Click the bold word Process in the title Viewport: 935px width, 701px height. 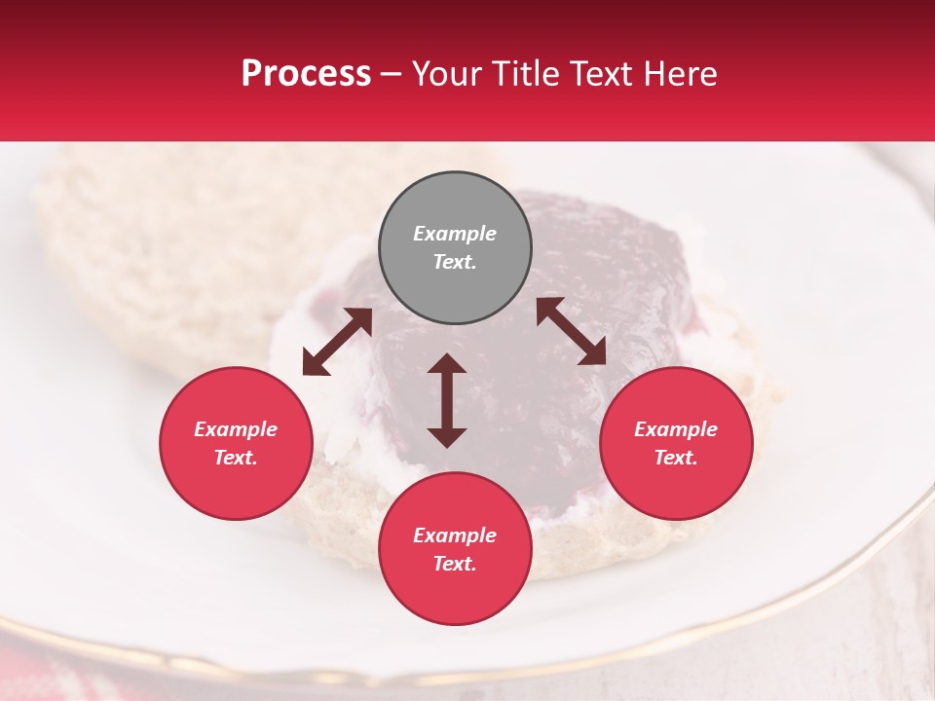coord(306,74)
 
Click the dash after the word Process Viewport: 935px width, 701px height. coord(392,75)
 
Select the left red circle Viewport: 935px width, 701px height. coord(236,443)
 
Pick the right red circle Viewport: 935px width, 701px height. coord(676,443)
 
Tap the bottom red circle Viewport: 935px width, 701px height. coord(455,549)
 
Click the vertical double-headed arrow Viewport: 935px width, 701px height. coord(447,400)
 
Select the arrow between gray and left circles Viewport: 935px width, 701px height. coord(337,342)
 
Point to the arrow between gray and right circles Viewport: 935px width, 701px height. coord(571,331)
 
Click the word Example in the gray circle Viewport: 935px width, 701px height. coord(455,234)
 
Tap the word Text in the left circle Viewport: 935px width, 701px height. coord(236,458)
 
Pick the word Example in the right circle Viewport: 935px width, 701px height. coord(676,429)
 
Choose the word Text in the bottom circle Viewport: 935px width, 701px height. coord(455,564)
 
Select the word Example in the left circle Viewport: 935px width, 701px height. coord(236,429)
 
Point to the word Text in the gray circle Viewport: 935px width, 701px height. coord(455,262)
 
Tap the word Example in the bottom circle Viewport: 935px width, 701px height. coord(455,535)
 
